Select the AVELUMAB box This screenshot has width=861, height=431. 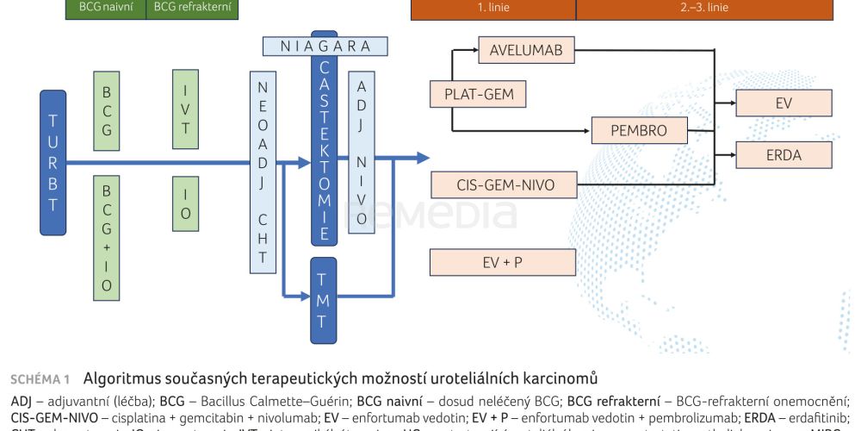[526, 50]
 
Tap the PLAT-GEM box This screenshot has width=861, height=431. [478, 94]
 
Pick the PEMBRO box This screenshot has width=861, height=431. [641, 131]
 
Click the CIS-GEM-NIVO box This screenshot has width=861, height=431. [505, 184]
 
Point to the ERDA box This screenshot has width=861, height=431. [784, 155]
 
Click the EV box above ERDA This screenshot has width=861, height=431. [784, 103]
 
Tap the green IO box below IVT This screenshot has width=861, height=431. [185, 203]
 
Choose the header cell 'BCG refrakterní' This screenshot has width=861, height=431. [192, 8]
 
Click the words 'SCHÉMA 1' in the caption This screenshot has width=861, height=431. [40, 378]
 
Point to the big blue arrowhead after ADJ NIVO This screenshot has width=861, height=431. [422, 158]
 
